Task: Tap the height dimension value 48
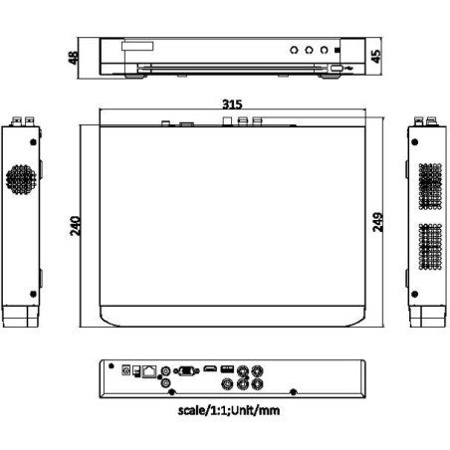point(73,56)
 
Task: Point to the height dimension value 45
point(375,56)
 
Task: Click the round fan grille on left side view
point(21,179)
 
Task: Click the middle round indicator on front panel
point(310,49)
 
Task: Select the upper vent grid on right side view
point(429,186)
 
